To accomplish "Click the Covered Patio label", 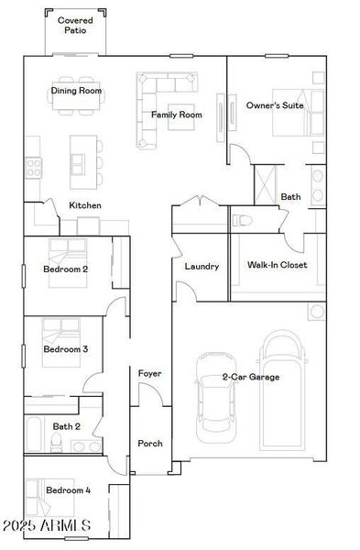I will [74, 25].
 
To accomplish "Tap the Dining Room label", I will [76, 91].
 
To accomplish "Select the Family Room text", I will [177, 115].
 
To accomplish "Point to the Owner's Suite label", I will [275, 105].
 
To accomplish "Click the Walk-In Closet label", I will [277, 265].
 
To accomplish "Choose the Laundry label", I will [201, 267].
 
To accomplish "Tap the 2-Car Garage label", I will [250, 377].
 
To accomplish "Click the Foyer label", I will [150, 374].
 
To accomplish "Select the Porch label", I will [150, 444].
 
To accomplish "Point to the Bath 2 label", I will [66, 426].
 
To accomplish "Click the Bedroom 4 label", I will [69, 490].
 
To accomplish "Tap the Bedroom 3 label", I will [66, 349].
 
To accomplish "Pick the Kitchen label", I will [85, 205].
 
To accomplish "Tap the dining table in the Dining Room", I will [76, 103].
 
